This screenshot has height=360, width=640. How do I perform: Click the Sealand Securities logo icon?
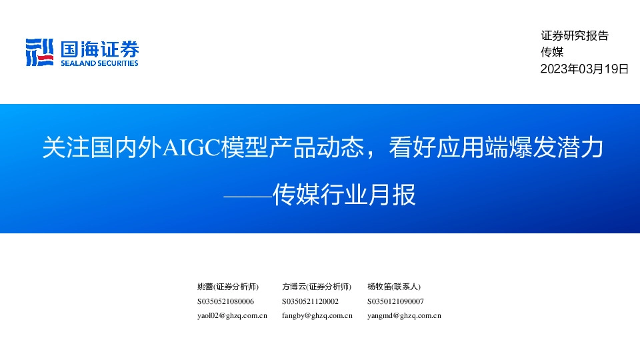coord(39,52)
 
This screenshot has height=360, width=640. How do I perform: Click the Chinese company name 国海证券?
coord(100,48)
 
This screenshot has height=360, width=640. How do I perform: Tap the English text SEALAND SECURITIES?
coord(99,63)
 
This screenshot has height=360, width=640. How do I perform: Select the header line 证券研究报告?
coord(575,36)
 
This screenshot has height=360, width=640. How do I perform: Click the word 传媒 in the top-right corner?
coord(552,53)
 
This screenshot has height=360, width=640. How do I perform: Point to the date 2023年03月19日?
coord(584,69)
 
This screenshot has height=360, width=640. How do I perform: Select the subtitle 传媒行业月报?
coord(344,195)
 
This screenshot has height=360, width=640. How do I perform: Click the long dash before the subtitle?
coord(247,195)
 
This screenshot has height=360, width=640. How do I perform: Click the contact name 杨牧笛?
coord(379,287)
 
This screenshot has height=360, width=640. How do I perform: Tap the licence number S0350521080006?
coord(225,301)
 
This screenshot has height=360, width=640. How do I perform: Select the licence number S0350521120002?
coord(310,301)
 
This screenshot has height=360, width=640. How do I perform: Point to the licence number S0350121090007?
coord(395,301)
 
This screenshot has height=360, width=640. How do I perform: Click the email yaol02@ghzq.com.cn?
coord(232,316)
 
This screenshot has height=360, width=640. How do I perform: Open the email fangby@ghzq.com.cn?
coord(317,316)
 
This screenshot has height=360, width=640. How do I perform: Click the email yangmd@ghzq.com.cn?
coord(404,316)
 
